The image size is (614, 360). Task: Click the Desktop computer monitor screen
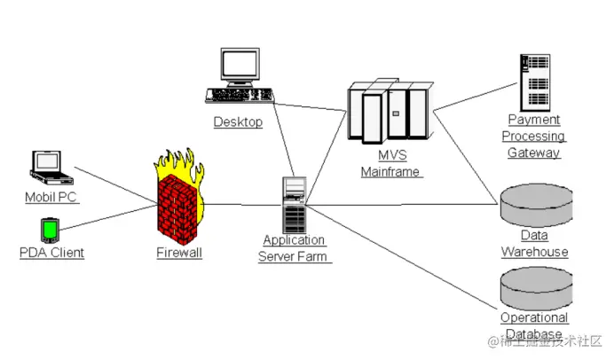click(239, 65)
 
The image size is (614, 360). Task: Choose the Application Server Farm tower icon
click(294, 204)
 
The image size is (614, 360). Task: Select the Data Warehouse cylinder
click(533, 206)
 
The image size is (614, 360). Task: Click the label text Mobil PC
click(51, 198)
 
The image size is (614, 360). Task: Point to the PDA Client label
click(51, 253)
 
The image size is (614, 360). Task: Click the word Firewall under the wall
click(179, 253)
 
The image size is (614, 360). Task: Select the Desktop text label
click(238, 122)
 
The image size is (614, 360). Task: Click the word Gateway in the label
click(533, 153)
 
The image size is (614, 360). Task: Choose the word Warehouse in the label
click(534, 252)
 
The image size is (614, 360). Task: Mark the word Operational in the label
click(534, 317)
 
